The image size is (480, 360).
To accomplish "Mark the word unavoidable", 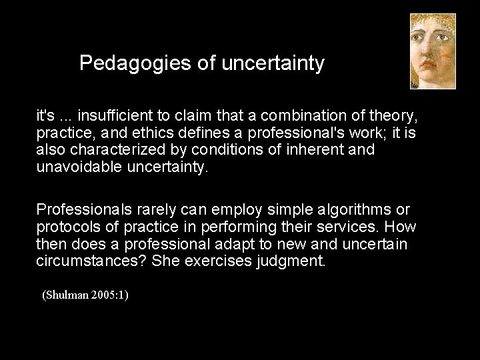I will click(x=79, y=167).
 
